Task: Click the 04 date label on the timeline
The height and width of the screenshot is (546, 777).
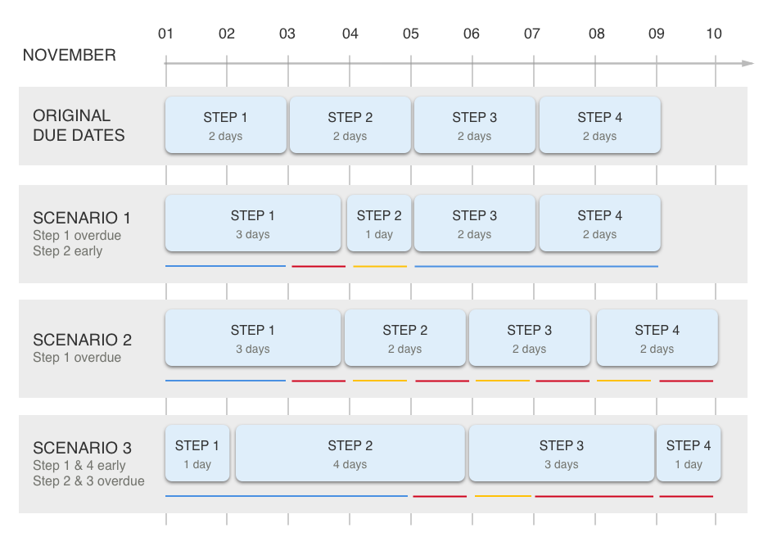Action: [350, 34]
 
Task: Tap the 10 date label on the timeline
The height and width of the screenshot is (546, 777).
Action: [714, 34]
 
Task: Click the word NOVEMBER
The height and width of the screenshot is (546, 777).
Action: [70, 55]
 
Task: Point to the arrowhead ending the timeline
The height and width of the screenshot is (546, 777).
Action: [748, 63]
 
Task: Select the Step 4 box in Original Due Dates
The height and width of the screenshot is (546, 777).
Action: [599, 125]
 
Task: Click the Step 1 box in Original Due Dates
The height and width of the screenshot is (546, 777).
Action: [225, 125]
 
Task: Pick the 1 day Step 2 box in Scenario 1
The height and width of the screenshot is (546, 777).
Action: [379, 223]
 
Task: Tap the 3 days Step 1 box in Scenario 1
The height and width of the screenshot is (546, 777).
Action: [253, 223]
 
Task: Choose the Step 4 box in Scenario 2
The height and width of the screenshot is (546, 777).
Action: [657, 338]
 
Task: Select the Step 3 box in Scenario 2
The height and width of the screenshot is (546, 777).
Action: [529, 338]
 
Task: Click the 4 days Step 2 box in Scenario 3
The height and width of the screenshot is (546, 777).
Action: [350, 453]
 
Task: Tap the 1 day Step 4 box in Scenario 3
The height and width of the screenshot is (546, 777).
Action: [689, 453]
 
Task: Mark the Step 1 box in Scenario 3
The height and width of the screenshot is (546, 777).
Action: [197, 453]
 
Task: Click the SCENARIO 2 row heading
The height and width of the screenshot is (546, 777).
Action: [82, 340]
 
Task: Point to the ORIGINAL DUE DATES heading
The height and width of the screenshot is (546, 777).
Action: [79, 125]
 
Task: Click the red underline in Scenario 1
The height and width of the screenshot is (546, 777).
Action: [318, 266]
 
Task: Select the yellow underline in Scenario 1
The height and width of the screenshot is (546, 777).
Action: [380, 266]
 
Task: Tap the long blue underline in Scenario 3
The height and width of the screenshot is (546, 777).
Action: [287, 495]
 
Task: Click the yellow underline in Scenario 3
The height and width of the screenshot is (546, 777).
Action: [503, 495]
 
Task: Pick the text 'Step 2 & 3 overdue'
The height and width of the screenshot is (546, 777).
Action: [88, 481]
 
